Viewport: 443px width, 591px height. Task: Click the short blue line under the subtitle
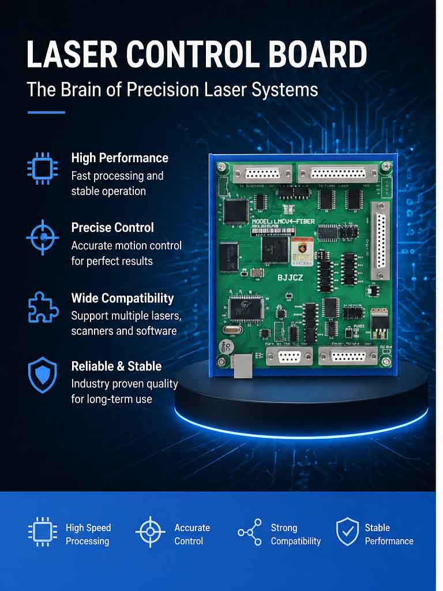[x=46, y=112]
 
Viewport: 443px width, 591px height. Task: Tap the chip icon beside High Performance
[x=43, y=168]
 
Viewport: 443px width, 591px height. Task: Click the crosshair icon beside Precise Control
[x=43, y=237]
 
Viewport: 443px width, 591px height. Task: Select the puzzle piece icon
[x=43, y=307]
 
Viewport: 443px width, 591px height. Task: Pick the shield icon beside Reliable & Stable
[x=43, y=375]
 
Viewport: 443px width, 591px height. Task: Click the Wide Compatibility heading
[x=122, y=298]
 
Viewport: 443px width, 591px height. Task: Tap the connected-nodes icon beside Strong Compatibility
[x=250, y=533]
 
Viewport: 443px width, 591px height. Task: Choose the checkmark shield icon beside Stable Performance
[x=347, y=532]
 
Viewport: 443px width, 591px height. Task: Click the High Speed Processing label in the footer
[x=88, y=534]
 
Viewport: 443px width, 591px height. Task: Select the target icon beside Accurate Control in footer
[x=150, y=532]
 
